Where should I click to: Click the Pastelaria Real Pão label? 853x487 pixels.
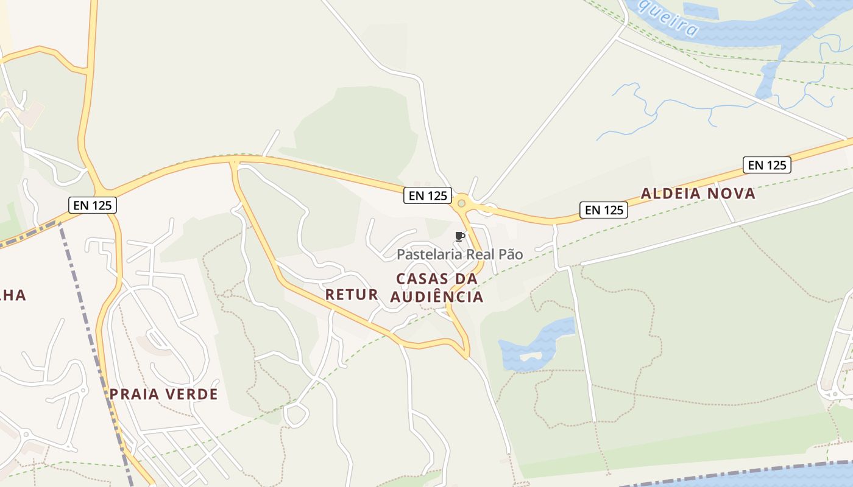tap(459, 254)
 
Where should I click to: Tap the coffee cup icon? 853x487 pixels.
tap(460, 236)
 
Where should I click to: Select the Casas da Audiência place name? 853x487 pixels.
tap(437, 288)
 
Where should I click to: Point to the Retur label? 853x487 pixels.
tap(352, 295)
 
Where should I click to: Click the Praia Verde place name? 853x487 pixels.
tap(163, 394)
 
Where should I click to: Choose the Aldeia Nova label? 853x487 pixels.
tap(698, 194)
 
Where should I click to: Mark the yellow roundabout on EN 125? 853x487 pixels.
tap(462, 203)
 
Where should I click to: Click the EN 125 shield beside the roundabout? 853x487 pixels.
tap(427, 195)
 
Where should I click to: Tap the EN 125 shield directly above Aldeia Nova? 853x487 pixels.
tap(766, 165)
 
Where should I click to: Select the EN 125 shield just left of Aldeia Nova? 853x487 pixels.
tap(603, 210)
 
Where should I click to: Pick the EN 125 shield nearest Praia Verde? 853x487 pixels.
tap(92, 205)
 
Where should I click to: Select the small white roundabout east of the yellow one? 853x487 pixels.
tap(488, 209)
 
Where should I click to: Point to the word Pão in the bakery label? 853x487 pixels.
tap(510, 254)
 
